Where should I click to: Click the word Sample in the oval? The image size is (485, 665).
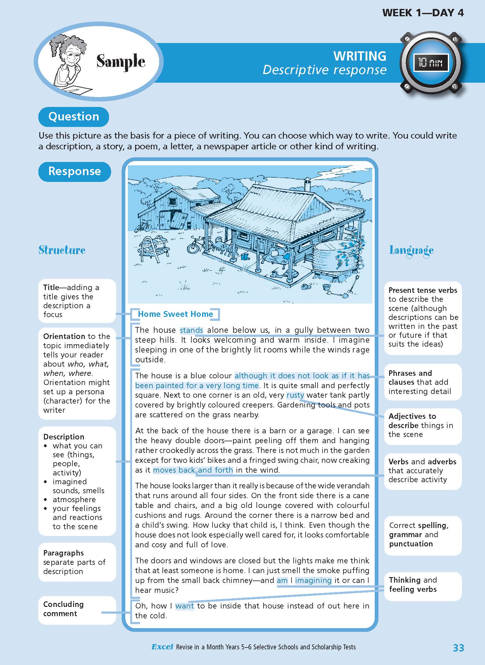[x=121, y=61]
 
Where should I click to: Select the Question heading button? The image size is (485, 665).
[x=74, y=117]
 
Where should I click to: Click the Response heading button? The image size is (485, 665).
[x=75, y=171]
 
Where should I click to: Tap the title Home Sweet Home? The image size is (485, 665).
[x=175, y=314]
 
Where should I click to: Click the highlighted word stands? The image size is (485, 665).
[x=191, y=330]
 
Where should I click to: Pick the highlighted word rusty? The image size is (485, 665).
[x=295, y=395]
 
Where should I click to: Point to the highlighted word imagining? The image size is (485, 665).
[x=313, y=580]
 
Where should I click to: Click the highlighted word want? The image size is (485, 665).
[x=185, y=606]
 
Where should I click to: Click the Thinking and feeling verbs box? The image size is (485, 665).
[x=423, y=584]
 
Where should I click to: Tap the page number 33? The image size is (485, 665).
[x=458, y=647]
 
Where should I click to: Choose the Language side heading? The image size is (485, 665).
[x=411, y=250]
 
